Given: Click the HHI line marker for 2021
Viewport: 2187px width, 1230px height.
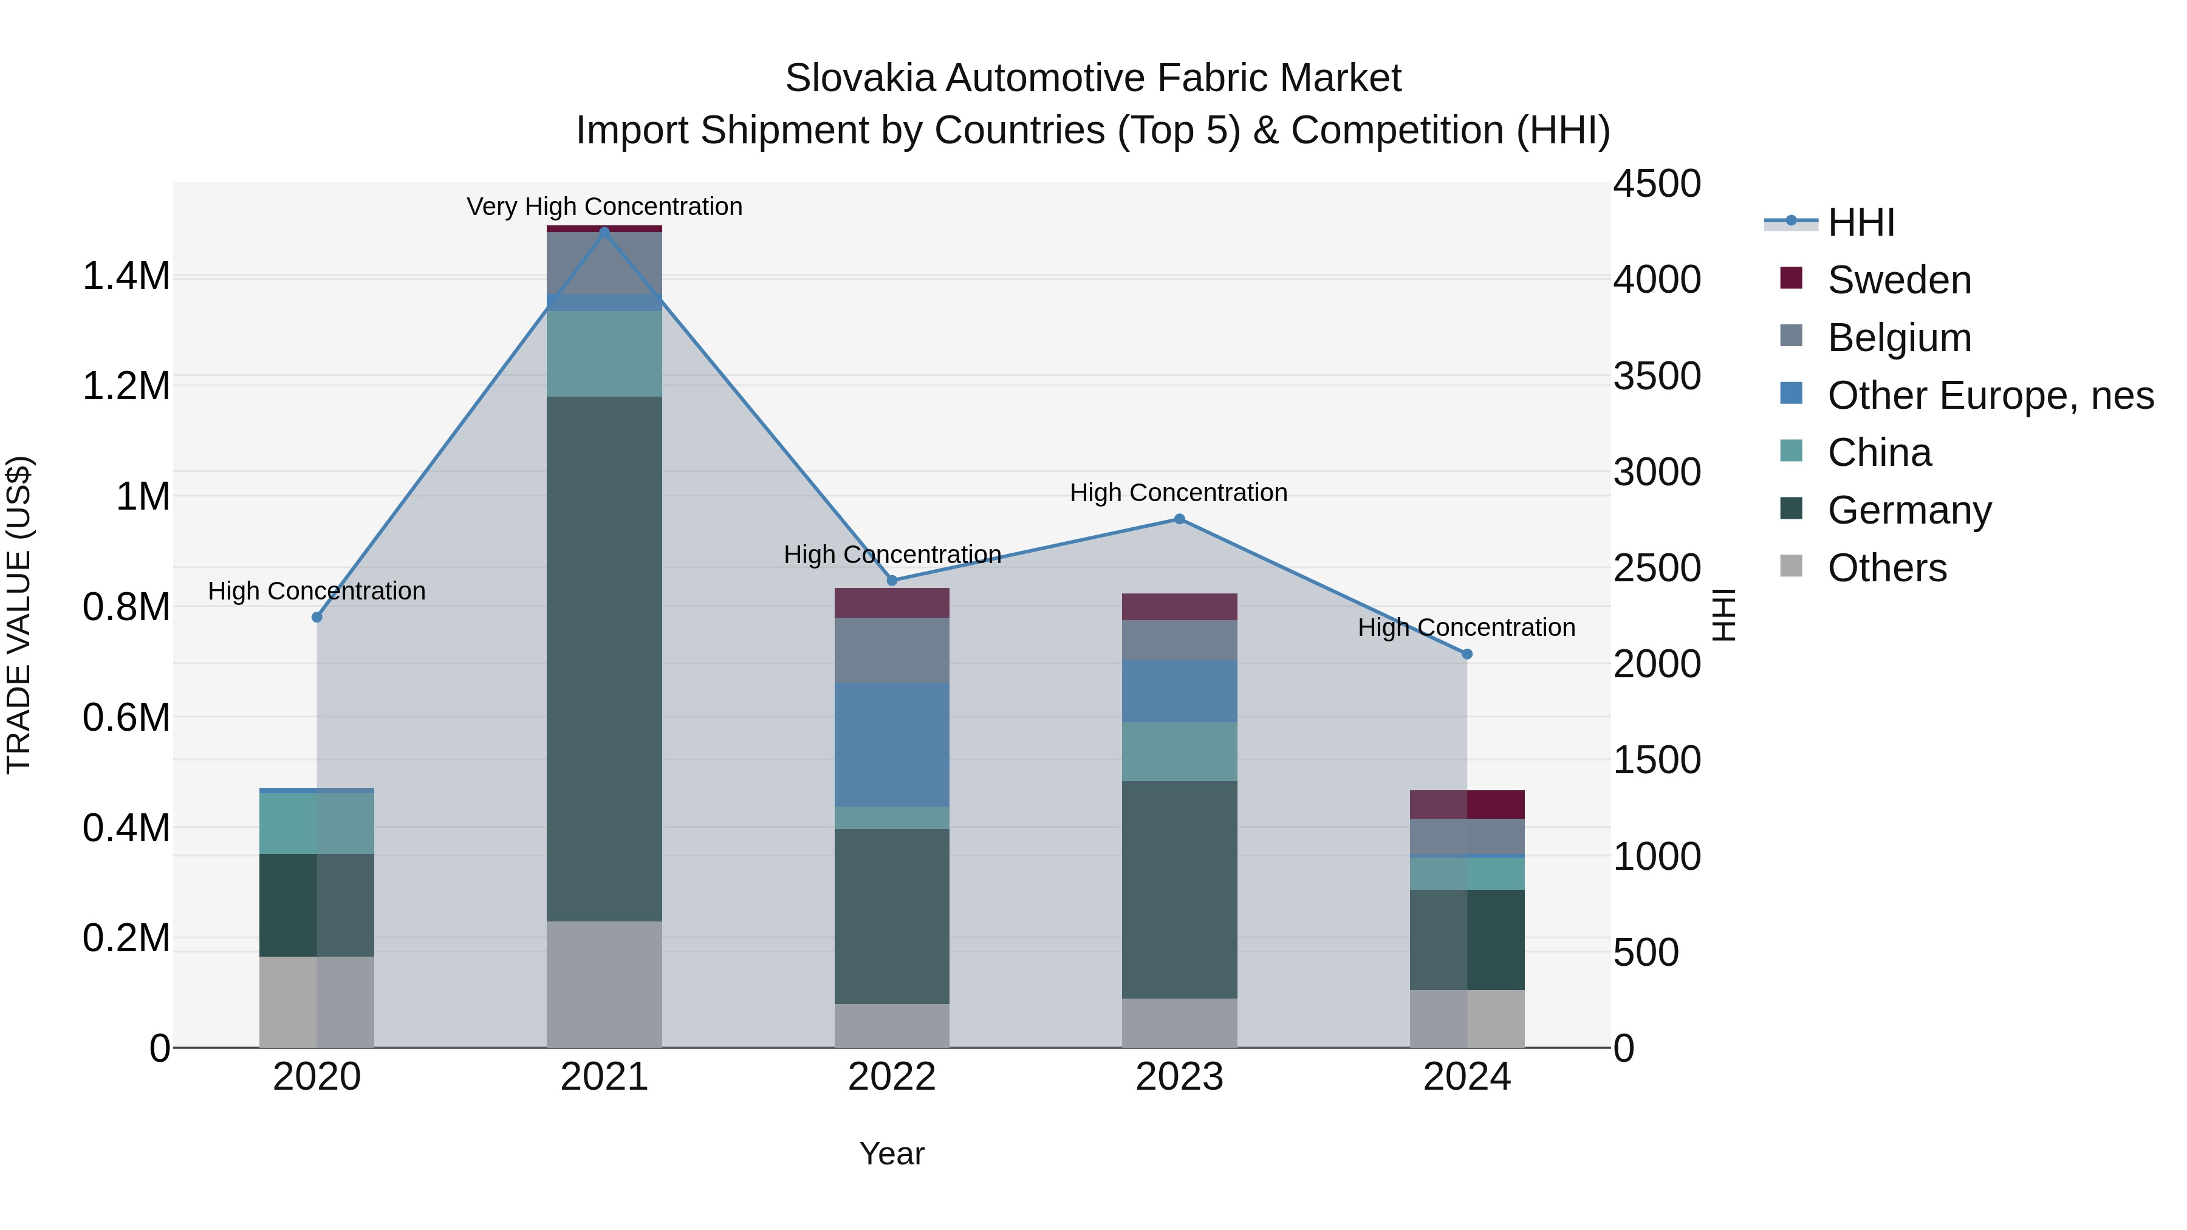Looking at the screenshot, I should tap(604, 231).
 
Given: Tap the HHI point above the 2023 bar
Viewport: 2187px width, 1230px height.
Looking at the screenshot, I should tap(1179, 519).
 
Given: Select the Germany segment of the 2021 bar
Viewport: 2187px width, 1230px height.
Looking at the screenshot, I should tap(604, 658).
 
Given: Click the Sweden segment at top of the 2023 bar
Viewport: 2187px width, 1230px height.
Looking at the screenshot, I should tap(1179, 606).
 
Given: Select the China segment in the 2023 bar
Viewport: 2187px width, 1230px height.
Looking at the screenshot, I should tap(1179, 751).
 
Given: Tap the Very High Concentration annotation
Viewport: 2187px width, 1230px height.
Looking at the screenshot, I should tap(604, 207).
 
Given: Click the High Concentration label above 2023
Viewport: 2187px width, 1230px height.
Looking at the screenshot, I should tap(1179, 493).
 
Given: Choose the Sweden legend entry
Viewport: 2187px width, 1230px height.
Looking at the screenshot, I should tap(1899, 280).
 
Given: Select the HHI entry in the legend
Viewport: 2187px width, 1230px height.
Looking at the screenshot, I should tap(1861, 222).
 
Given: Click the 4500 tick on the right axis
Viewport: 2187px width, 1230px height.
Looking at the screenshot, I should tap(1657, 184).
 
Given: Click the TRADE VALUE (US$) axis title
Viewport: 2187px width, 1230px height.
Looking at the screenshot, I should tap(19, 615).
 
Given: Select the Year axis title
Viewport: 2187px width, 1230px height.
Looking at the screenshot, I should tap(891, 1153).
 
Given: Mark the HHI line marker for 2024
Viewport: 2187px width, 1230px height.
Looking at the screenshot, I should tap(1467, 654).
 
